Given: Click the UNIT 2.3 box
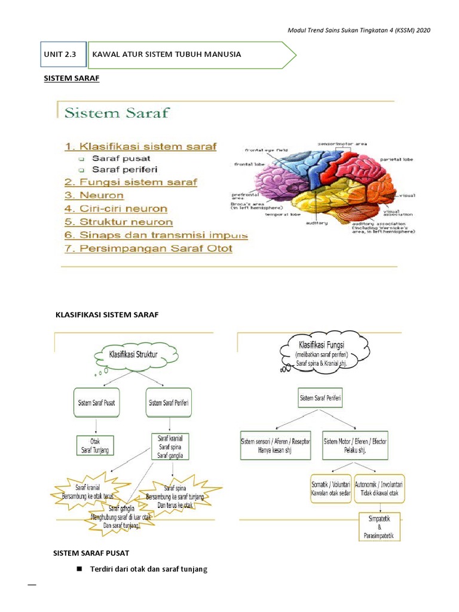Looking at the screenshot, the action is [x=63, y=54].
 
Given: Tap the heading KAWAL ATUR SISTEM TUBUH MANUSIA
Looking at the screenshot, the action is [x=167, y=54].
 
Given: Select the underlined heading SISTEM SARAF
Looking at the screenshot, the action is [x=72, y=78].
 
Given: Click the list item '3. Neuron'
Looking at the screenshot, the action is [x=94, y=195].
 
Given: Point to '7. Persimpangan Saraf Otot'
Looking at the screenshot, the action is [x=148, y=249].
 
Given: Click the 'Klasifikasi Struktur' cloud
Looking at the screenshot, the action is [x=133, y=355].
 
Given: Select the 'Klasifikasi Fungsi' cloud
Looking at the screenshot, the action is [x=321, y=354].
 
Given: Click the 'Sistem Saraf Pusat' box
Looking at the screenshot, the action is [x=96, y=402].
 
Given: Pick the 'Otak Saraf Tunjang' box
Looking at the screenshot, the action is [x=96, y=446].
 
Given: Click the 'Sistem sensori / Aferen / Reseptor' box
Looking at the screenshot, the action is [x=275, y=445].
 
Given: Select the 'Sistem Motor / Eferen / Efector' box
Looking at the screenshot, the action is [x=356, y=445].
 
